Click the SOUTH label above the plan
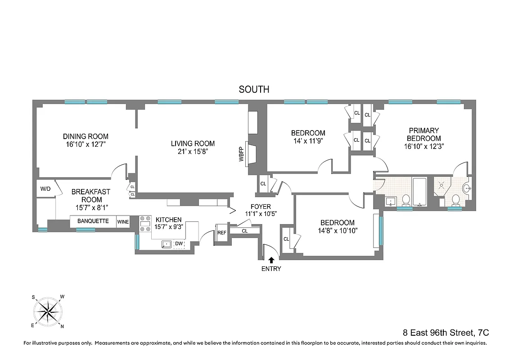(x=254, y=90)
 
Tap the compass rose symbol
(x=48, y=311)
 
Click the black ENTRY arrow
(x=271, y=260)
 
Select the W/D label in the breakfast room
(x=45, y=189)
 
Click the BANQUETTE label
(x=93, y=221)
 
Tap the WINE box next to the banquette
(x=123, y=222)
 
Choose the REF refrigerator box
(x=222, y=233)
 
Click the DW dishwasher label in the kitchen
(x=179, y=244)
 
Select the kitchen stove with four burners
(x=145, y=224)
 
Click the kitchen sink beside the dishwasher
(x=167, y=244)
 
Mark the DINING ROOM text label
(x=86, y=136)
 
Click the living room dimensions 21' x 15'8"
(x=193, y=152)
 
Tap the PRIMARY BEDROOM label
(x=423, y=135)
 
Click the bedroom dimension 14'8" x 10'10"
(x=337, y=230)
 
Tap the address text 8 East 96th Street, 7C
(x=446, y=333)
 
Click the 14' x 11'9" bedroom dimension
(x=308, y=141)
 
